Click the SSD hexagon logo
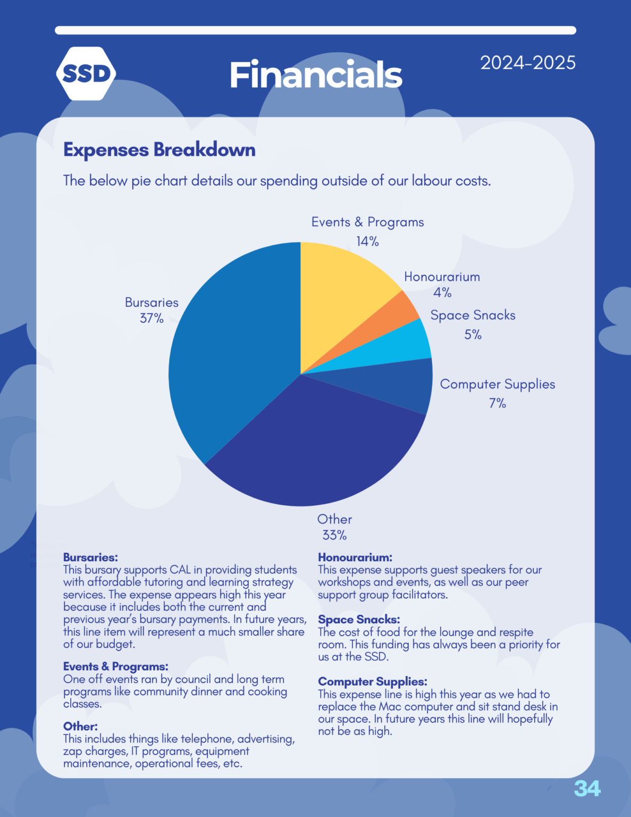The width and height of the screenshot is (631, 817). click(x=86, y=73)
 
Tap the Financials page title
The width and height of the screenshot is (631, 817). click(x=315, y=75)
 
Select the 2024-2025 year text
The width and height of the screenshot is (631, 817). click(x=527, y=63)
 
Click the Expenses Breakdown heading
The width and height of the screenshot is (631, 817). click(x=159, y=150)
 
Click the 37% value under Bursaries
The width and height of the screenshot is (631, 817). click(x=152, y=319)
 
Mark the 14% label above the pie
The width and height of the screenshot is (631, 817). click(x=367, y=241)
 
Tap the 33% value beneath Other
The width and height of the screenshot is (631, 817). click(x=334, y=535)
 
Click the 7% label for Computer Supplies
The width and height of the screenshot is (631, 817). click(x=497, y=403)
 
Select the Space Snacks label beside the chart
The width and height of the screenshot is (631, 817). click(x=473, y=315)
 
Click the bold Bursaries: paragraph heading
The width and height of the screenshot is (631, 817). click(x=90, y=557)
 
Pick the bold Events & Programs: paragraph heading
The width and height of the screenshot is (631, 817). click(x=115, y=666)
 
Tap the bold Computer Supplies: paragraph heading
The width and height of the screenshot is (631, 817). click(x=372, y=681)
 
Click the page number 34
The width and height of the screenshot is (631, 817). click(x=587, y=788)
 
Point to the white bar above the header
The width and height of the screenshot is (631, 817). click(x=315, y=30)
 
